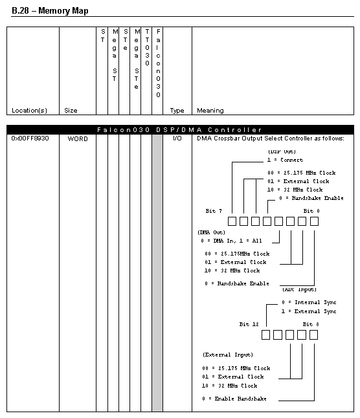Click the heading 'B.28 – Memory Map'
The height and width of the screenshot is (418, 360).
(50, 10)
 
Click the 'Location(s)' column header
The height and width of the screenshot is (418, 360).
(29, 111)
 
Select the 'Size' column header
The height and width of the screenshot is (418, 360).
(71, 111)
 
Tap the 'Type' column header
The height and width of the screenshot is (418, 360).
(177, 111)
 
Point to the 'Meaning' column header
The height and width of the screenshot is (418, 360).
(210, 111)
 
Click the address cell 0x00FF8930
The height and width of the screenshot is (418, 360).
(30, 138)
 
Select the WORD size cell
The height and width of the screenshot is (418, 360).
(78, 138)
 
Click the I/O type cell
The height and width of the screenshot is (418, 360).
(177, 138)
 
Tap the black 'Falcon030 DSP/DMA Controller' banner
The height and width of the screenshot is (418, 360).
(180, 130)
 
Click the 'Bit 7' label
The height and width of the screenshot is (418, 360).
(214, 211)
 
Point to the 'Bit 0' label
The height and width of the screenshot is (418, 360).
(311, 211)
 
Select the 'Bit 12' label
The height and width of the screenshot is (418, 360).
(249, 324)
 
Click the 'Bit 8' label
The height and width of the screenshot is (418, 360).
(311, 324)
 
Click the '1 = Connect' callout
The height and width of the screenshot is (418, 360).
(285, 160)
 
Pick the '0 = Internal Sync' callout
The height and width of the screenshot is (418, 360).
(309, 302)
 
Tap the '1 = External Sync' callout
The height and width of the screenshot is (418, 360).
(309, 311)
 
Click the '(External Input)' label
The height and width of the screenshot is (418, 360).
(228, 355)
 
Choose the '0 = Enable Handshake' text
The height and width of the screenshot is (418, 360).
(234, 399)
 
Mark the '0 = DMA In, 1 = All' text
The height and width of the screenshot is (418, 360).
(231, 241)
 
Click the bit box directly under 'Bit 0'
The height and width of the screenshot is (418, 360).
(314, 221)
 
